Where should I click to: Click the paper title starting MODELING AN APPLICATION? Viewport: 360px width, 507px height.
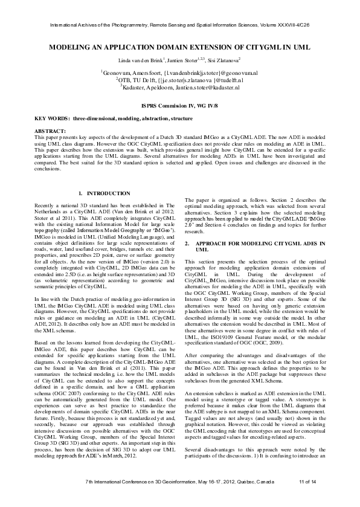(x=180, y=46)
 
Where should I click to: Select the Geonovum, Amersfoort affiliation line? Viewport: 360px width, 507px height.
(x=180, y=73)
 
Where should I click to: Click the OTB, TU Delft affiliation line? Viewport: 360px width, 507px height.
(x=180, y=80)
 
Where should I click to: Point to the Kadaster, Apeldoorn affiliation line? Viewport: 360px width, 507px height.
(x=180, y=87)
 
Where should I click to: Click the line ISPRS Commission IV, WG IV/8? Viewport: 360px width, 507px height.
(x=180, y=105)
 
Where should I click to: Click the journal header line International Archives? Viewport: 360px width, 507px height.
(x=180, y=25)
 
